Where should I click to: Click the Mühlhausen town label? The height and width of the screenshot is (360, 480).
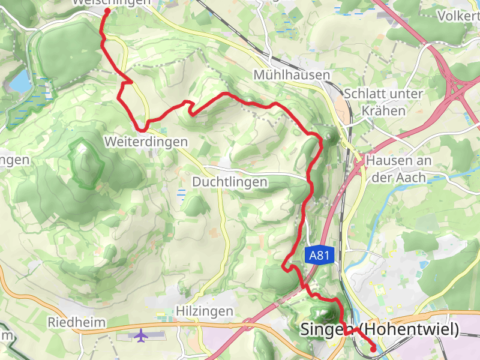coord(292,75)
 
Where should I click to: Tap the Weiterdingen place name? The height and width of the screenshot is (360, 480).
coord(146,142)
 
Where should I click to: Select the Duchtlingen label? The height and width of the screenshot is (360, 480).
coord(229,181)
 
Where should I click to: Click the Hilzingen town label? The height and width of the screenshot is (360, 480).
coord(204,311)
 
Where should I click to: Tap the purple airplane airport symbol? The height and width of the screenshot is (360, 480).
coord(142,335)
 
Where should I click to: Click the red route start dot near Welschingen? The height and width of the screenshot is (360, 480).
coord(107,11)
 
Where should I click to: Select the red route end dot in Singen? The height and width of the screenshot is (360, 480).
coord(373,348)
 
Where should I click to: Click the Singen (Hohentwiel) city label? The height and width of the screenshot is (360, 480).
coord(379,329)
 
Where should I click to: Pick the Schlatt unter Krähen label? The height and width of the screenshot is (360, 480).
coord(384,103)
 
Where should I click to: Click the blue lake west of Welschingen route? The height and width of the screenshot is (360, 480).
coord(19,81)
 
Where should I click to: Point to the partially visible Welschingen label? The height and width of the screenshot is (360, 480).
coord(111,2)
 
